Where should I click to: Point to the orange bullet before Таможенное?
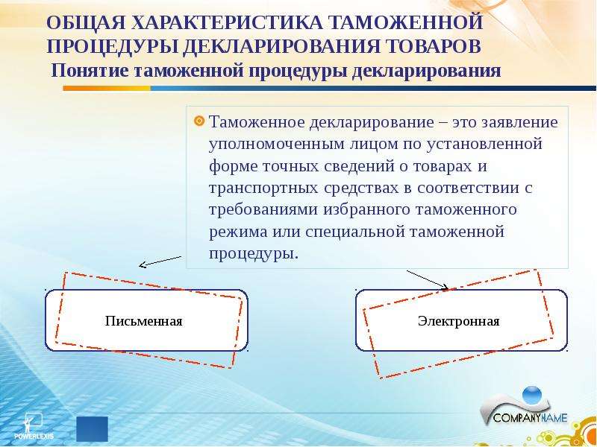pyautogui.click(x=199, y=121)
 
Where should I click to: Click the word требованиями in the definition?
pyautogui.click(x=263, y=210)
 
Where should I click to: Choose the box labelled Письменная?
pyautogui.click(x=146, y=320)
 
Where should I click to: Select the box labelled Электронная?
pyautogui.click(x=461, y=320)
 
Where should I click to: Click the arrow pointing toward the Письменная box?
pyautogui.click(x=160, y=261)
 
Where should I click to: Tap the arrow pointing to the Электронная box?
pyautogui.click(x=428, y=280)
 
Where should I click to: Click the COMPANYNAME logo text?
pyautogui.click(x=530, y=418)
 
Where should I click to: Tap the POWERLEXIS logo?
pyautogui.click(x=34, y=426)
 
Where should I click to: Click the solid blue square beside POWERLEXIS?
pyautogui.click(x=92, y=429)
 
